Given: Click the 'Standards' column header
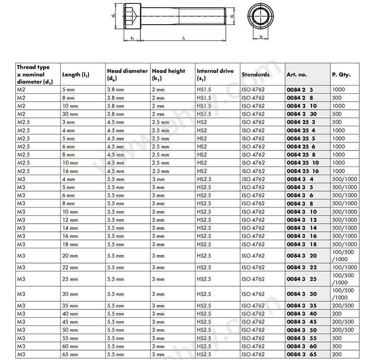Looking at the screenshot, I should click(256, 75).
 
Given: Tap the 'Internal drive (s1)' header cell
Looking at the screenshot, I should click(215, 75).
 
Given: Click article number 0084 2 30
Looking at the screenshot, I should click(302, 114).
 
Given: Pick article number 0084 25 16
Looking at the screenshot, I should click(303, 171).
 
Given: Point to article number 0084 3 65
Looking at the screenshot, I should click(302, 354).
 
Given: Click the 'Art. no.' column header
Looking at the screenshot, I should click(297, 75).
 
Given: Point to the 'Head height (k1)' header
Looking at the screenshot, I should click(169, 75).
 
